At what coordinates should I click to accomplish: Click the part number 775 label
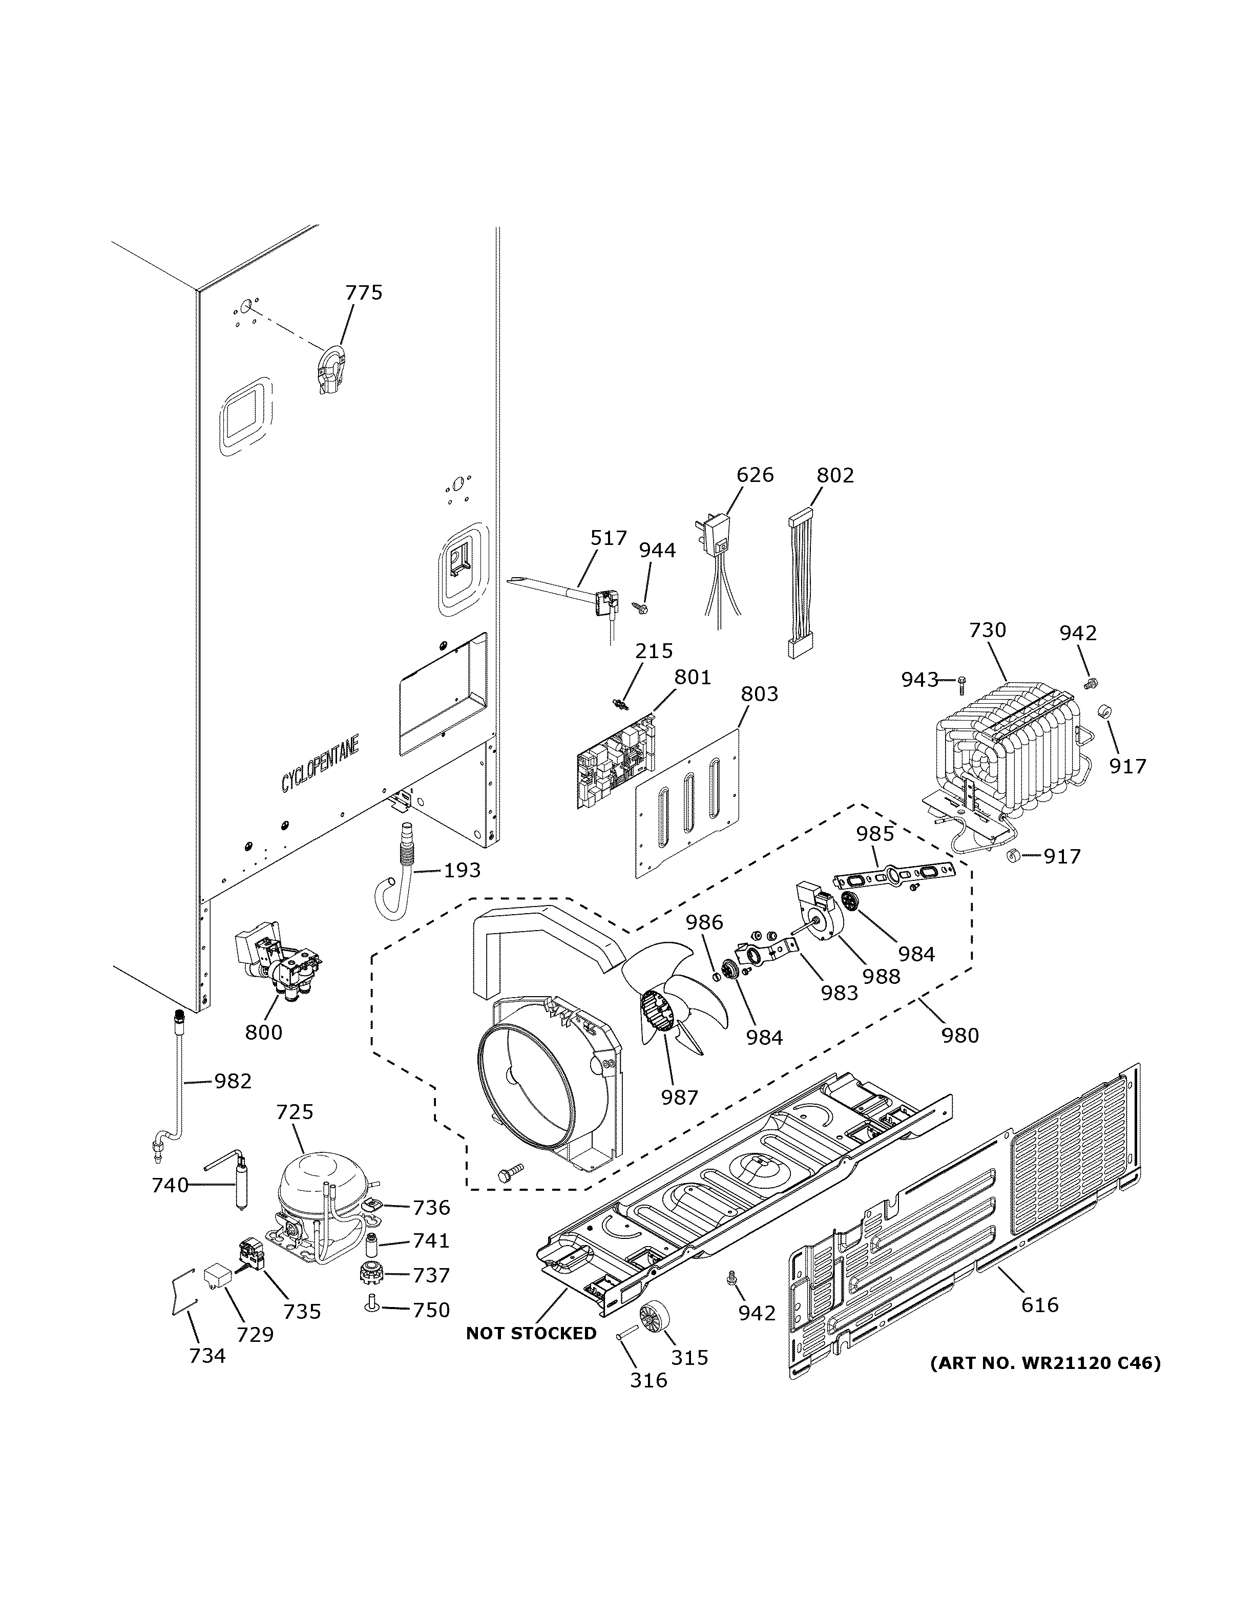pos(364,292)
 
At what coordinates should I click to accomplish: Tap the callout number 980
pos(960,1035)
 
